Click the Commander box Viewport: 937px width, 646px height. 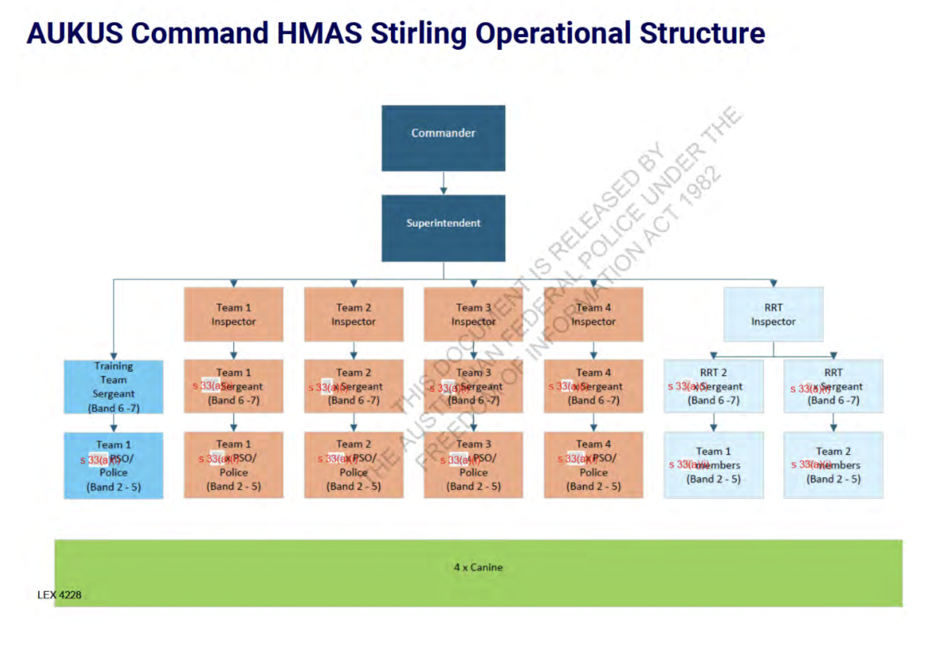click(443, 138)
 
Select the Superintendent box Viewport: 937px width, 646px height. click(443, 228)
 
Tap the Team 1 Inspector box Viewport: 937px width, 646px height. click(233, 315)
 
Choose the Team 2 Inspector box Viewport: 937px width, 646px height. click(354, 315)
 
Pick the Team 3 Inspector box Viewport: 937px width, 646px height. click(473, 315)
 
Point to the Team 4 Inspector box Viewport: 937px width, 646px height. click(593, 315)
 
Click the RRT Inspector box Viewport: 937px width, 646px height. click(773, 315)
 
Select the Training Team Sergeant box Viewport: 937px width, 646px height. click(114, 387)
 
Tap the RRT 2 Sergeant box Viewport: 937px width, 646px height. click(713, 387)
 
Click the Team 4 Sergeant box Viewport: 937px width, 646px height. click(593, 387)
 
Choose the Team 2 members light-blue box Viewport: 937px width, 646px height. click(833, 465)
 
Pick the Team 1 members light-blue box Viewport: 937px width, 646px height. click(713, 465)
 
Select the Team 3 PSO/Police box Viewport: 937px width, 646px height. click(473, 465)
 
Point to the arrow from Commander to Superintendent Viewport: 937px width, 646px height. click(443, 183)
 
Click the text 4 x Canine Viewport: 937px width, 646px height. click(478, 567)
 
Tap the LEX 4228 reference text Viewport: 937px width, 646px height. click(59, 595)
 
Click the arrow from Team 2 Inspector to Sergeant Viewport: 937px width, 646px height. click(354, 351)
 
